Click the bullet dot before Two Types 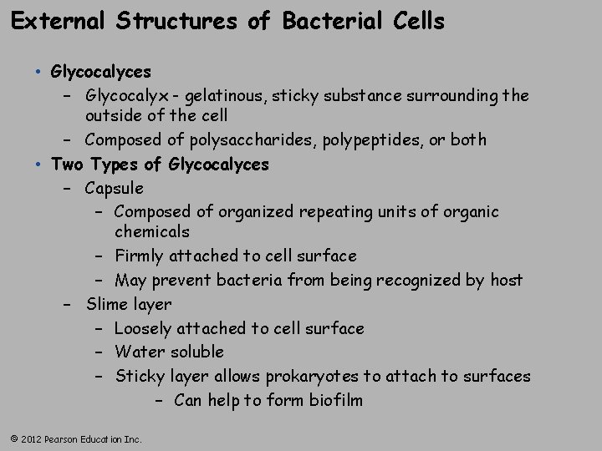point(39,165)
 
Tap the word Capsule point(115,188)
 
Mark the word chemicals point(152,231)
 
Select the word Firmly point(140,256)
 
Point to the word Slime point(106,304)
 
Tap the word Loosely point(145,328)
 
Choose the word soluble point(195,352)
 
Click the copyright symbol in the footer point(13,438)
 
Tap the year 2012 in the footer point(31,438)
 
